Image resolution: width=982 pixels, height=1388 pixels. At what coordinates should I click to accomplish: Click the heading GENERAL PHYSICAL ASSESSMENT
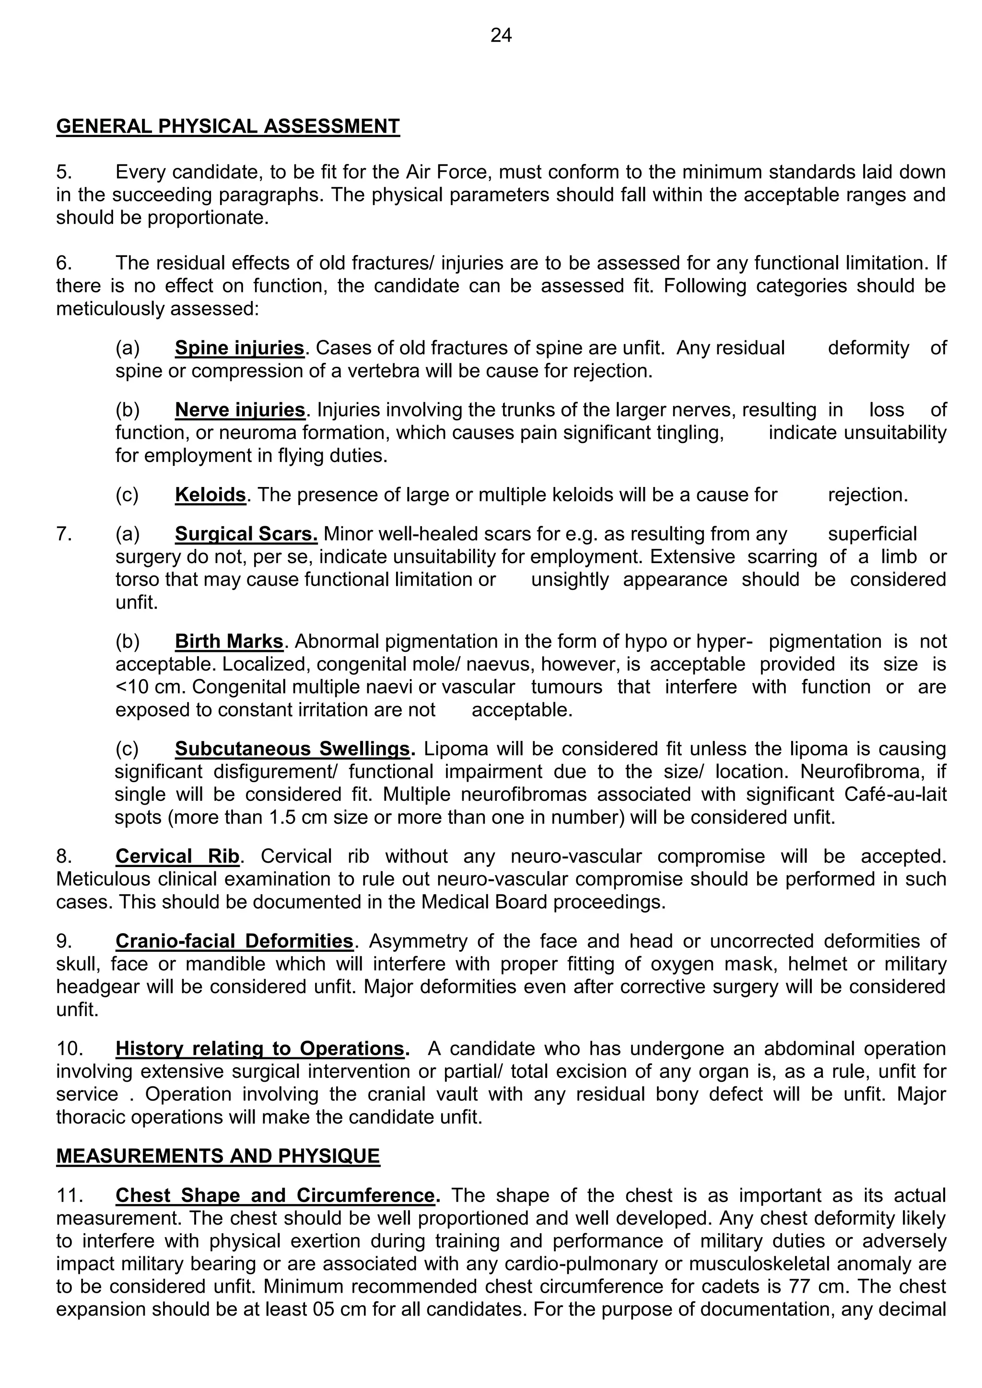click(228, 127)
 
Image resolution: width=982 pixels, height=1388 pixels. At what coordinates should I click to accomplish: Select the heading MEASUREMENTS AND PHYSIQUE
click(218, 1156)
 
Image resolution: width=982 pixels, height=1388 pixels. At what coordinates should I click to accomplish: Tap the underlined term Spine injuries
click(239, 348)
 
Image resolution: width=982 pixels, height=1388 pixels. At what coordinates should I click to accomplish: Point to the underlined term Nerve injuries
click(239, 410)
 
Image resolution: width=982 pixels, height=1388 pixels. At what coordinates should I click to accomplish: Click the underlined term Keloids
click(210, 495)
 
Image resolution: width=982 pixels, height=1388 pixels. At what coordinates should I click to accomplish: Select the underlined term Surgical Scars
click(246, 534)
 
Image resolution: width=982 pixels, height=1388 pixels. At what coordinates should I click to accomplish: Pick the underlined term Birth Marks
click(229, 641)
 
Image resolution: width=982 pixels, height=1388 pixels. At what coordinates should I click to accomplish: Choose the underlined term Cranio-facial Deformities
click(234, 941)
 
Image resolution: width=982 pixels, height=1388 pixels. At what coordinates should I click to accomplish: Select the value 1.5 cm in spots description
click(292, 817)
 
